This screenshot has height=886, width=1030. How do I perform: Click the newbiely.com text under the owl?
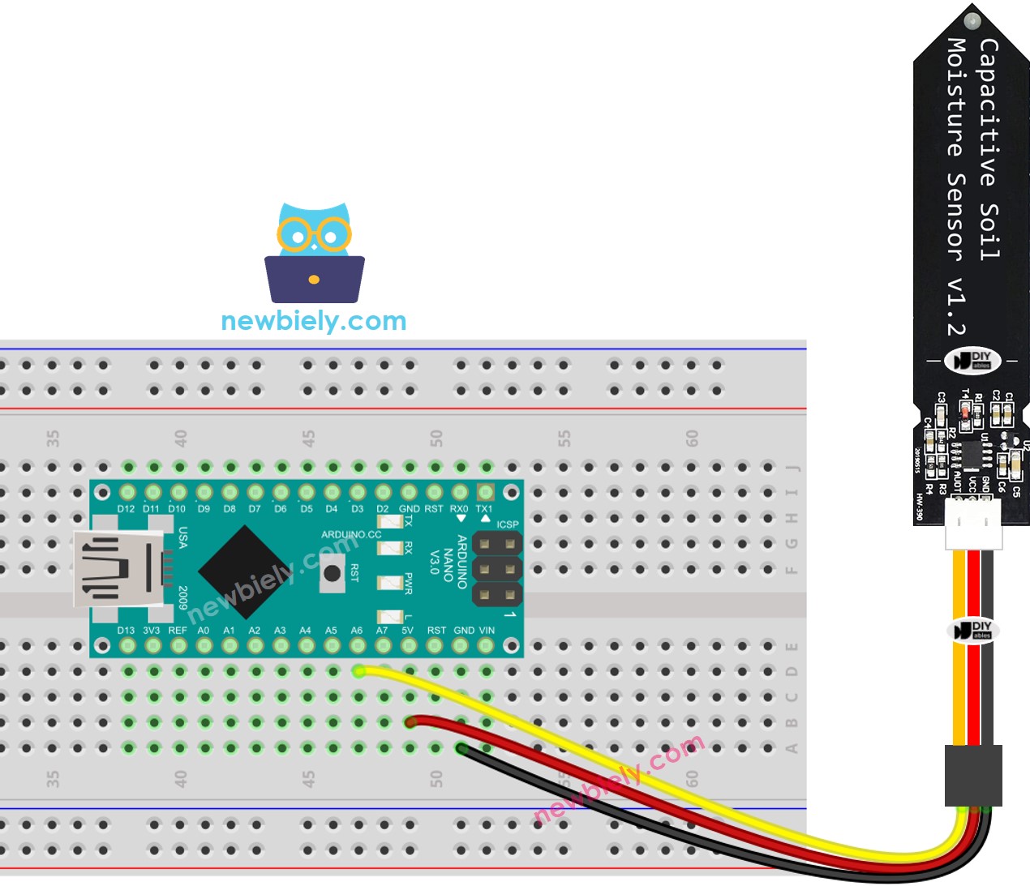313,321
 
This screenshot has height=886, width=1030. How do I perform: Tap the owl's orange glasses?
314,236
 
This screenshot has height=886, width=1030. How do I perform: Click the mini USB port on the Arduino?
114,568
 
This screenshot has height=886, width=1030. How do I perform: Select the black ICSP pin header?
496,569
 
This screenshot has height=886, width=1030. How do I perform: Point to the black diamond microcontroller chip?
242,570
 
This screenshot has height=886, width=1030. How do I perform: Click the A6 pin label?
357,630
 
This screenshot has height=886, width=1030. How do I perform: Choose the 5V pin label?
407,630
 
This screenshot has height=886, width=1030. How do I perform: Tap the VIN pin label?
487,630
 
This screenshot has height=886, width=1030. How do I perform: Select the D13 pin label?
126,630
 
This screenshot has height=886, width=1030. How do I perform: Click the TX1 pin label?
484,509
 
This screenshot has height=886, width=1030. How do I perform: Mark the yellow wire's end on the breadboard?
359,671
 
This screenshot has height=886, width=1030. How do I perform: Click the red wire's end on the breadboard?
411,721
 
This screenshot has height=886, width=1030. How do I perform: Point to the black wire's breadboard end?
461,747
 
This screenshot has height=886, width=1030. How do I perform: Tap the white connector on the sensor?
973,524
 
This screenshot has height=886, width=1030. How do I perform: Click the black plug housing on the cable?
973,775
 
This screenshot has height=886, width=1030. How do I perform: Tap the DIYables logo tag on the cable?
973,630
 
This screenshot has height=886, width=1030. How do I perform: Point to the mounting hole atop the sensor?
972,20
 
